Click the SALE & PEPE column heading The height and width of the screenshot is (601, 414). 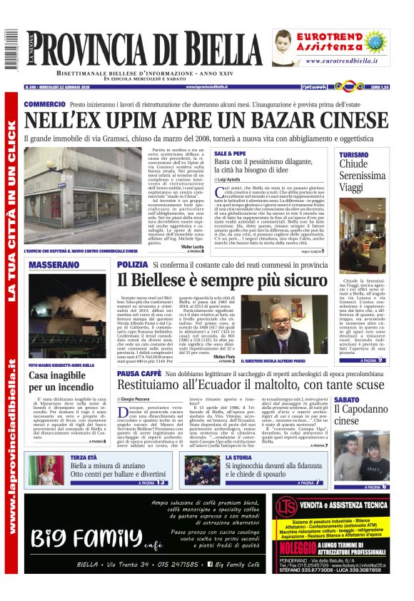pos(230,153)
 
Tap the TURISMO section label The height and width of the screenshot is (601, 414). pos(354,155)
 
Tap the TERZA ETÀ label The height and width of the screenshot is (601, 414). pos(84,457)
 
